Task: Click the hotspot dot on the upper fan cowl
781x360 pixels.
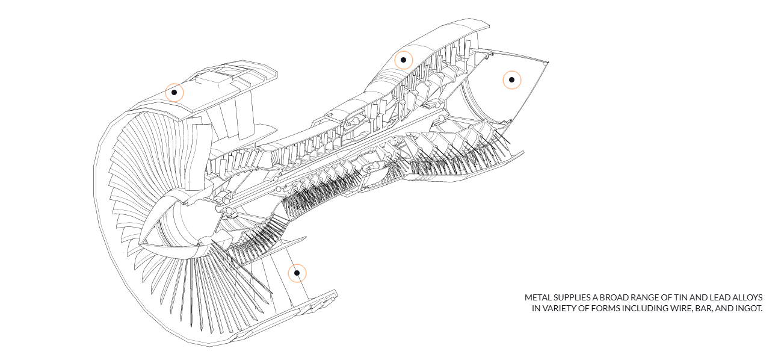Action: [x=174, y=92]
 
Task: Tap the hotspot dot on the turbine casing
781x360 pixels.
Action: [x=403, y=60]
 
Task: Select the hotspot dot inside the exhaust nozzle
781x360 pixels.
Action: [x=511, y=79]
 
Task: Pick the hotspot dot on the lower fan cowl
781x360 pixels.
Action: [x=297, y=273]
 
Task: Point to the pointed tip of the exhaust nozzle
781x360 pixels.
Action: [x=549, y=63]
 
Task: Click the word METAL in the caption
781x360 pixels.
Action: [x=537, y=297]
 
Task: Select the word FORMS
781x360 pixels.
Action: [x=602, y=309]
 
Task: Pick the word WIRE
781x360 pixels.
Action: [x=680, y=309]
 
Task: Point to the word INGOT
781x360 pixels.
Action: [x=749, y=309]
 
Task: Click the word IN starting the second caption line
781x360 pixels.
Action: [x=536, y=309]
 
